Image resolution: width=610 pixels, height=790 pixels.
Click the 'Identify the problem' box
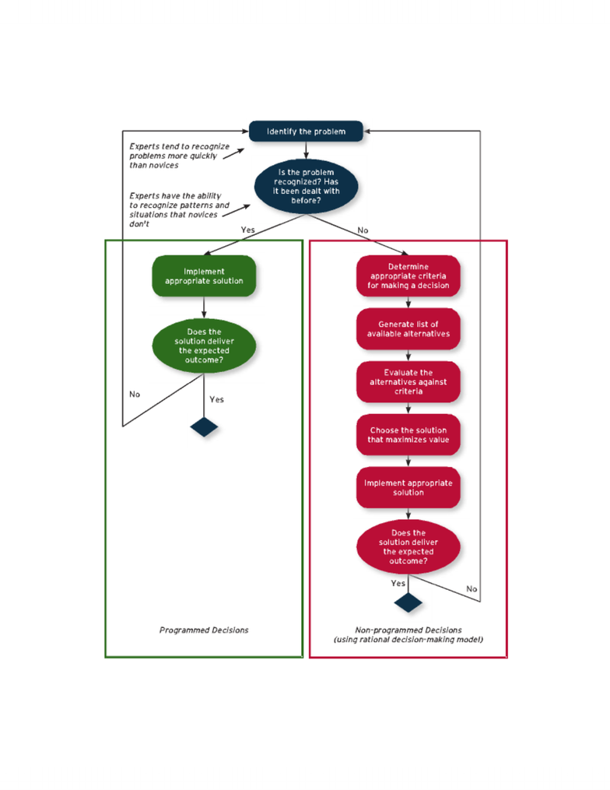pos(306,131)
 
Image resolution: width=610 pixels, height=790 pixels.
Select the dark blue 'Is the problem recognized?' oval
pos(306,187)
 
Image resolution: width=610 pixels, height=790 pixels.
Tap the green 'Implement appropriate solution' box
pos(204,276)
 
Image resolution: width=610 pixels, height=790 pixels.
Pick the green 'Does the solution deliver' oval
pos(204,346)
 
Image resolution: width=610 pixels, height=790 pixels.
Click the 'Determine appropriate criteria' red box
pos(408,276)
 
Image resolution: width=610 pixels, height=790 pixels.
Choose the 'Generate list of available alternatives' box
pos(408,329)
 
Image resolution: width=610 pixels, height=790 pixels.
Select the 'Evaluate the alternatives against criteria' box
pos(408,382)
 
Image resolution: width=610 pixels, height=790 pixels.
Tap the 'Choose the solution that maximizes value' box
pos(408,435)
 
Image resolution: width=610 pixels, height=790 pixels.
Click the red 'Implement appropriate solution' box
pos(408,488)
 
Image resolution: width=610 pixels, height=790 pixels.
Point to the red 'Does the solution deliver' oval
pos(408,546)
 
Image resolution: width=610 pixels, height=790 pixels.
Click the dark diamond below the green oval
pos(204,427)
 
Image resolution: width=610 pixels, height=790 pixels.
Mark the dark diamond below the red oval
pos(408,602)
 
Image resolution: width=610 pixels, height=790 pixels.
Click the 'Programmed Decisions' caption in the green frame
pos(204,630)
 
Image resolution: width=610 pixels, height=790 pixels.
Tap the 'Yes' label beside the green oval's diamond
pos(216,399)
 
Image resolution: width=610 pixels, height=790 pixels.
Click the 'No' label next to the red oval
pos(472,588)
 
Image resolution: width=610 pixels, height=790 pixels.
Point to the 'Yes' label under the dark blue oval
pos(248,230)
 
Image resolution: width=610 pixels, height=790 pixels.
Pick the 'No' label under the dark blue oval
pos(363,230)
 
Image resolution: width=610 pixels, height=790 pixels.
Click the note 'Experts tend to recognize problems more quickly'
pos(179,156)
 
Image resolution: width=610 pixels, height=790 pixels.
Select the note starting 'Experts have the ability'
pos(179,209)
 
